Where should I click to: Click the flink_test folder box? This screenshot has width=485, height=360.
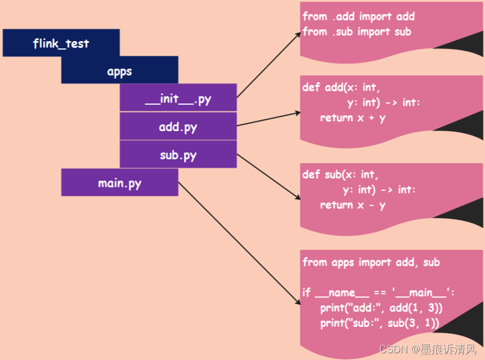(61, 43)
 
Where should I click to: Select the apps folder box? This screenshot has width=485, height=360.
(119, 70)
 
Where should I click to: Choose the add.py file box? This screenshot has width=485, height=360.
(178, 126)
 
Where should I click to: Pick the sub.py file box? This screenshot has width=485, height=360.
(178, 154)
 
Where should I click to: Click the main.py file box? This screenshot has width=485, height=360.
(119, 183)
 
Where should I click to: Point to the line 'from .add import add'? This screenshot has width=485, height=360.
(358, 17)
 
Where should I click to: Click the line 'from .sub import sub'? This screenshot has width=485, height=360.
(357, 31)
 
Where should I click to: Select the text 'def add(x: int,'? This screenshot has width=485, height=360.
(341, 87)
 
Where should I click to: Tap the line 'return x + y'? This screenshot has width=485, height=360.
(353, 118)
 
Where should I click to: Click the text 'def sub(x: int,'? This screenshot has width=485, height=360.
(340, 174)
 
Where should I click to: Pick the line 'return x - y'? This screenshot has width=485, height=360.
(353, 205)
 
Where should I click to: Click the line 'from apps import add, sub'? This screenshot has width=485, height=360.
(371, 262)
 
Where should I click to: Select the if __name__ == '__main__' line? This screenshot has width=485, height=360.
(378, 292)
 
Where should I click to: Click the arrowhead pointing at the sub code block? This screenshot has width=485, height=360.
(298, 197)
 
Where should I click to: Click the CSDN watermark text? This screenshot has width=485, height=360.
(428, 349)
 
